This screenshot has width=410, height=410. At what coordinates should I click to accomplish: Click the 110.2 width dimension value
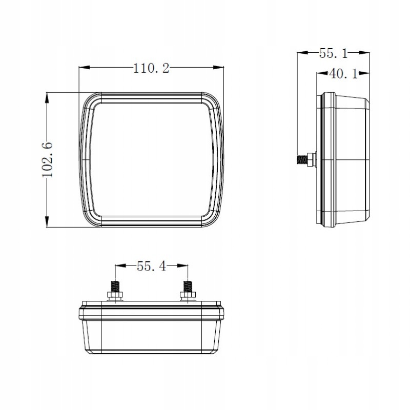point(151,69)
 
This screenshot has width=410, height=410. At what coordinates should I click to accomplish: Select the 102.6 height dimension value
point(48,160)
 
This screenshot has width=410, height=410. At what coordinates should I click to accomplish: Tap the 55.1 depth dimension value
point(334,54)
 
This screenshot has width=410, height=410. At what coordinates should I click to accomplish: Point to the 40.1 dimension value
point(343,74)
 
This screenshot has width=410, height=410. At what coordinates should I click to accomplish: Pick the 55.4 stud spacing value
point(151,266)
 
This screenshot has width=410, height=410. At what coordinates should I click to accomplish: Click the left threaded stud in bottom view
point(115,286)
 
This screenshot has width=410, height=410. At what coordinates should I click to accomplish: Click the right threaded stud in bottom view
point(188,286)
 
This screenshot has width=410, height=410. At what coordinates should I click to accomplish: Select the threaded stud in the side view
point(302,159)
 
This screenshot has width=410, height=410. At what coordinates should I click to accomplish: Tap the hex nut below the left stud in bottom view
point(115,296)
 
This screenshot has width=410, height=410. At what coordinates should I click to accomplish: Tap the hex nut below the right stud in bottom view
point(188,296)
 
